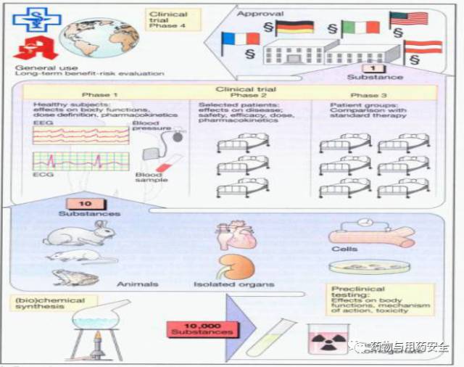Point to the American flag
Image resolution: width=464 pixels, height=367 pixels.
tap(408, 19)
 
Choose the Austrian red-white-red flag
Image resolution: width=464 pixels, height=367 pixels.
tap(423, 47)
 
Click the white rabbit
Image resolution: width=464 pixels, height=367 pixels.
tap(77, 233)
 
